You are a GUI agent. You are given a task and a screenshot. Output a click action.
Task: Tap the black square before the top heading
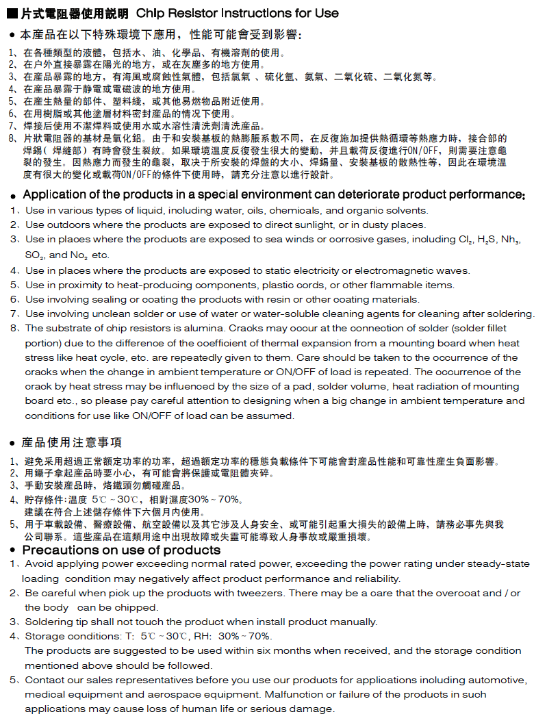[x=11, y=13]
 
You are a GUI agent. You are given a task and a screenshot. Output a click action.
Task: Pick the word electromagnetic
[x=391, y=270]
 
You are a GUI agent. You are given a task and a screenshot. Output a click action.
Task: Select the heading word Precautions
[x=60, y=550]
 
